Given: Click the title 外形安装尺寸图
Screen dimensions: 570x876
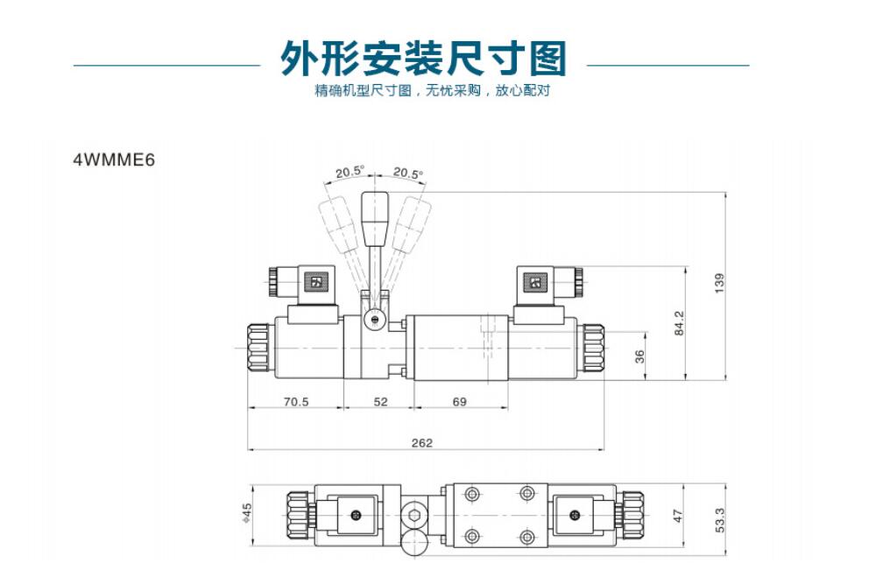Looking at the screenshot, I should point(423,59).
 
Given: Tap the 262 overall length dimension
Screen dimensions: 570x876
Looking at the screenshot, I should point(422,443).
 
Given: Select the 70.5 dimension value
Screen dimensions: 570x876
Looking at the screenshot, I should point(296,402).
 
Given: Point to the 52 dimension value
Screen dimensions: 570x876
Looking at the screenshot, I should point(380,402).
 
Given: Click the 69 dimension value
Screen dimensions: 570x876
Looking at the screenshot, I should point(459,402).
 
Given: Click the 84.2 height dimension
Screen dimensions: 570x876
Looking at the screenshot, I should point(679,323).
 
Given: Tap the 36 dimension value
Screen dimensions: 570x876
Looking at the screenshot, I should point(639,356).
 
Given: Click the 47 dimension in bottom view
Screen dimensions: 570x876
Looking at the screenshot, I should point(677,517).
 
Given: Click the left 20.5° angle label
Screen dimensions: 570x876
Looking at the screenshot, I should point(349,172).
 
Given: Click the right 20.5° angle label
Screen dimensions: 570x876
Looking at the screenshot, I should point(407,172).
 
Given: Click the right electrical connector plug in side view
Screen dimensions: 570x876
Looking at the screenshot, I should point(543,283).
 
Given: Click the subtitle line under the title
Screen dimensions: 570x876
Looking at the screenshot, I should point(432,91).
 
